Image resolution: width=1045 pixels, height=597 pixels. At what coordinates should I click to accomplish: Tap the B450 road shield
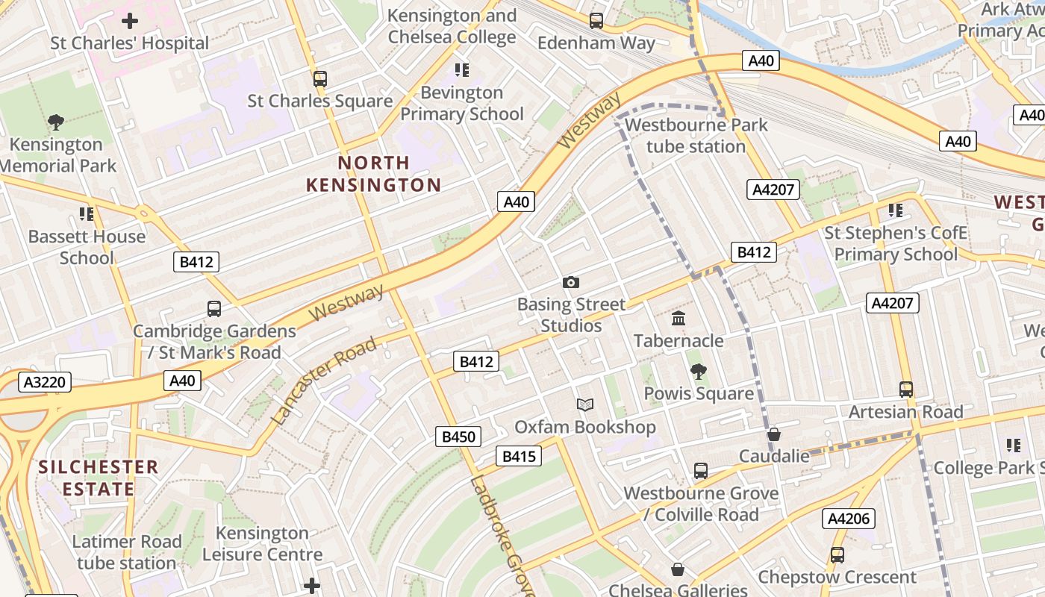coord(458,437)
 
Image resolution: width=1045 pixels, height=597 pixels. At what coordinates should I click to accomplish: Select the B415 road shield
coord(519,456)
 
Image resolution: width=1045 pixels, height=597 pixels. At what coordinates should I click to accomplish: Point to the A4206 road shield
coord(848,519)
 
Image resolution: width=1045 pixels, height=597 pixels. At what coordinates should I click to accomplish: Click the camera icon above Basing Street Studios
coord(571,282)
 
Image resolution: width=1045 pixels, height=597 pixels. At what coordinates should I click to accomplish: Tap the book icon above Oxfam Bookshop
coord(585,404)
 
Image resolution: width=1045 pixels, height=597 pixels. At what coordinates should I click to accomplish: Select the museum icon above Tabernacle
coord(679,319)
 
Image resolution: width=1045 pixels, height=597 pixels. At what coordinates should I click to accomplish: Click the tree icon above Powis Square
coord(698,371)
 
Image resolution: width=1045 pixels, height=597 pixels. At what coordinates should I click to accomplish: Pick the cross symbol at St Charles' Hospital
coord(130,21)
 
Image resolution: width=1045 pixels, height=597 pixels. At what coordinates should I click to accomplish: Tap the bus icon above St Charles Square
coord(320,78)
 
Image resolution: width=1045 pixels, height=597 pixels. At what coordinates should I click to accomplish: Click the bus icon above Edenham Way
coord(596,21)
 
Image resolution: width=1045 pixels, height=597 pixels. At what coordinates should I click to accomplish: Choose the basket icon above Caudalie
coord(774,434)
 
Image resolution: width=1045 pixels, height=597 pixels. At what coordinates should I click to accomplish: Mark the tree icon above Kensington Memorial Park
coord(55,122)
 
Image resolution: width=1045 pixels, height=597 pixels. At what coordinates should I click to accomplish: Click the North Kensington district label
coord(374,174)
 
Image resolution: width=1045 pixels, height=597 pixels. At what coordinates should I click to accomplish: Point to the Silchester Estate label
coord(98,478)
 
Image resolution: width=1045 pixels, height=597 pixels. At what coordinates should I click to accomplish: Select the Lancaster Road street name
coord(324,381)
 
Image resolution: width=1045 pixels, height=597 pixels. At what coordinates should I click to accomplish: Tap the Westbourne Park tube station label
coord(696,135)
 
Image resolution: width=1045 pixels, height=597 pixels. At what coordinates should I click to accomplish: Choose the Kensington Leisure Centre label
coord(262,543)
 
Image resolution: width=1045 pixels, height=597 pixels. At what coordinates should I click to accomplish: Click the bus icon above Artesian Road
coord(905,389)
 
